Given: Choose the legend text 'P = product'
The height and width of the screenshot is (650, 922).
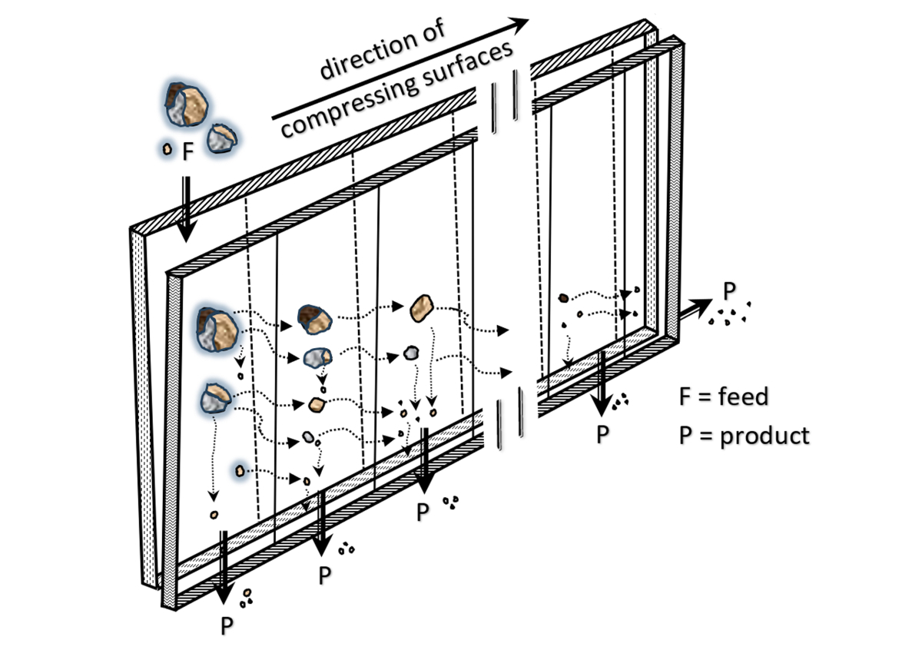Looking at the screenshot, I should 744,436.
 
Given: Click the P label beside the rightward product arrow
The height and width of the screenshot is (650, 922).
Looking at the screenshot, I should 729,291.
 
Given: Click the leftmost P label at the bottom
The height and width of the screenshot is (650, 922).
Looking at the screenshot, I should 227,625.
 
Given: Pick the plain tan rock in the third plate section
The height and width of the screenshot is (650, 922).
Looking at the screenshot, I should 423,307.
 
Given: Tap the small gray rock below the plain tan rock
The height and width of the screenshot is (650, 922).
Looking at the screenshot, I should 411,353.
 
